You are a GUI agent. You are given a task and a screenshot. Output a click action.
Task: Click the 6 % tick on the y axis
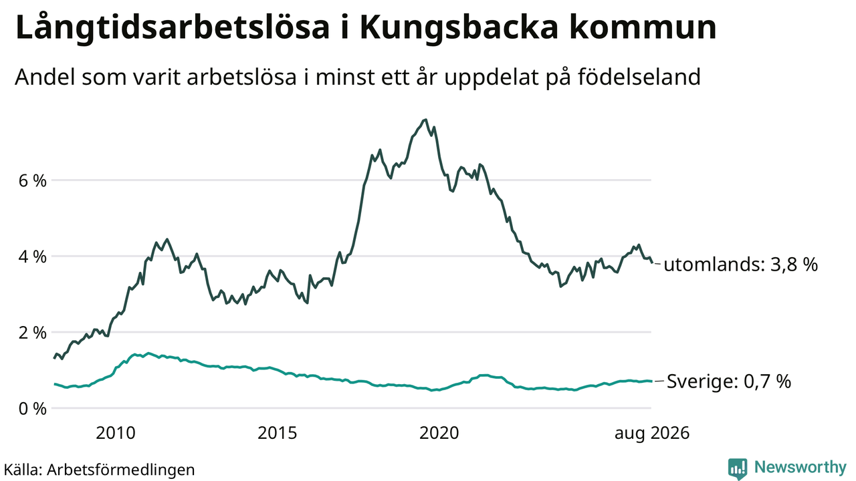point(33,180)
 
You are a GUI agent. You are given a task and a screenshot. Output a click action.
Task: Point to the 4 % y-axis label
point(33,257)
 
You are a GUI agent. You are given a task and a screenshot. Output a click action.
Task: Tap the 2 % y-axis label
point(33,333)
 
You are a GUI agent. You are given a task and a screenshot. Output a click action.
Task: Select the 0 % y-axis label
point(33,409)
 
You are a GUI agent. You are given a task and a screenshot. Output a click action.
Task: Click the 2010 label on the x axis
point(116,434)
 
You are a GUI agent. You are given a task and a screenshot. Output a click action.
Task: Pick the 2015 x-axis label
point(277,434)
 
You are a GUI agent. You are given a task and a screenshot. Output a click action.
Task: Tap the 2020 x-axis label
point(439,434)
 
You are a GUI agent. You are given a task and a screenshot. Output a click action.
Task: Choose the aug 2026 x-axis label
point(652,434)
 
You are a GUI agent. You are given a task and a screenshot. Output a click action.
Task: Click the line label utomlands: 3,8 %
point(740,264)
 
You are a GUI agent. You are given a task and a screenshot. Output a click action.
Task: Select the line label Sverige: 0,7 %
point(729,381)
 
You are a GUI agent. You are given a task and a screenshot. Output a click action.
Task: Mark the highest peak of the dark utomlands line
point(425,120)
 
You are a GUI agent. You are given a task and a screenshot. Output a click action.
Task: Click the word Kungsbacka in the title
point(459,27)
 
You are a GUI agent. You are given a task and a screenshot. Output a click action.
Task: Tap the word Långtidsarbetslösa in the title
point(173,27)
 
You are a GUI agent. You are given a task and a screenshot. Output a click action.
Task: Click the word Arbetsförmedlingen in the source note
point(121,470)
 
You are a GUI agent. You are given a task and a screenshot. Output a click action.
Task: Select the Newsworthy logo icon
point(738,469)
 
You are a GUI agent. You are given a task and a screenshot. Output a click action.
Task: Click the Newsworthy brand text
point(800,468)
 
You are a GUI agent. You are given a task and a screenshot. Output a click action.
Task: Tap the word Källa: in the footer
point(23,469)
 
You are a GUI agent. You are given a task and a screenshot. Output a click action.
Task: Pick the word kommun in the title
point(643,27)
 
